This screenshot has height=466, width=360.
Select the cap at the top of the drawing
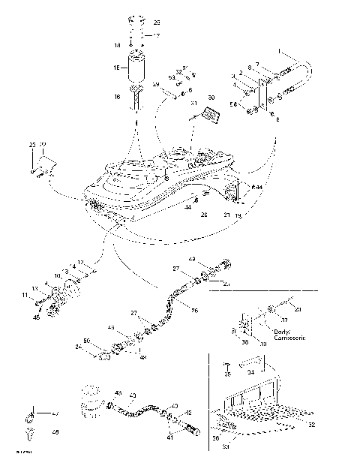136,20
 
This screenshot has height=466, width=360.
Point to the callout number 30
211,98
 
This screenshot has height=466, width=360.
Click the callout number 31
193,103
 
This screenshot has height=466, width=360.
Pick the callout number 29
156,86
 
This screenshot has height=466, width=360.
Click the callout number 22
43,144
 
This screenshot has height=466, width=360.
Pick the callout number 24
78,347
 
